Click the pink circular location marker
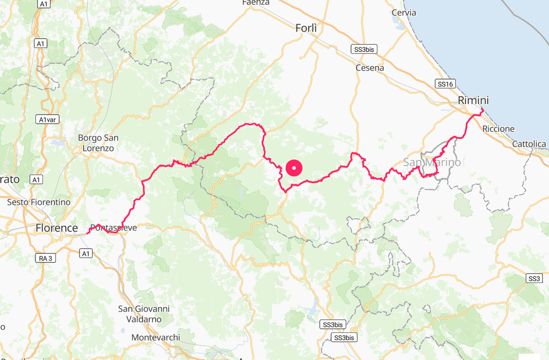coord(294,168)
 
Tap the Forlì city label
coord(306,28)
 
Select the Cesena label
coord(370,68)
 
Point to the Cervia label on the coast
coord(404,13)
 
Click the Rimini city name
coord(473,100)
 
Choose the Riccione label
coord(499,129)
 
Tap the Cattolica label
coord(529,144)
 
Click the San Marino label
coord(432,162)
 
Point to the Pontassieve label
coord(113,228)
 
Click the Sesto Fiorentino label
coord(39,202)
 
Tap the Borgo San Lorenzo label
coord(98,143)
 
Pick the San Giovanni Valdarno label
coord(144,314)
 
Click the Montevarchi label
coord(155,337)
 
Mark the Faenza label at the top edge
coord(256,3)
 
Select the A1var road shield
coord(48,120)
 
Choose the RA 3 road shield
coord(46,258)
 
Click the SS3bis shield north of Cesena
coord(364,49)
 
